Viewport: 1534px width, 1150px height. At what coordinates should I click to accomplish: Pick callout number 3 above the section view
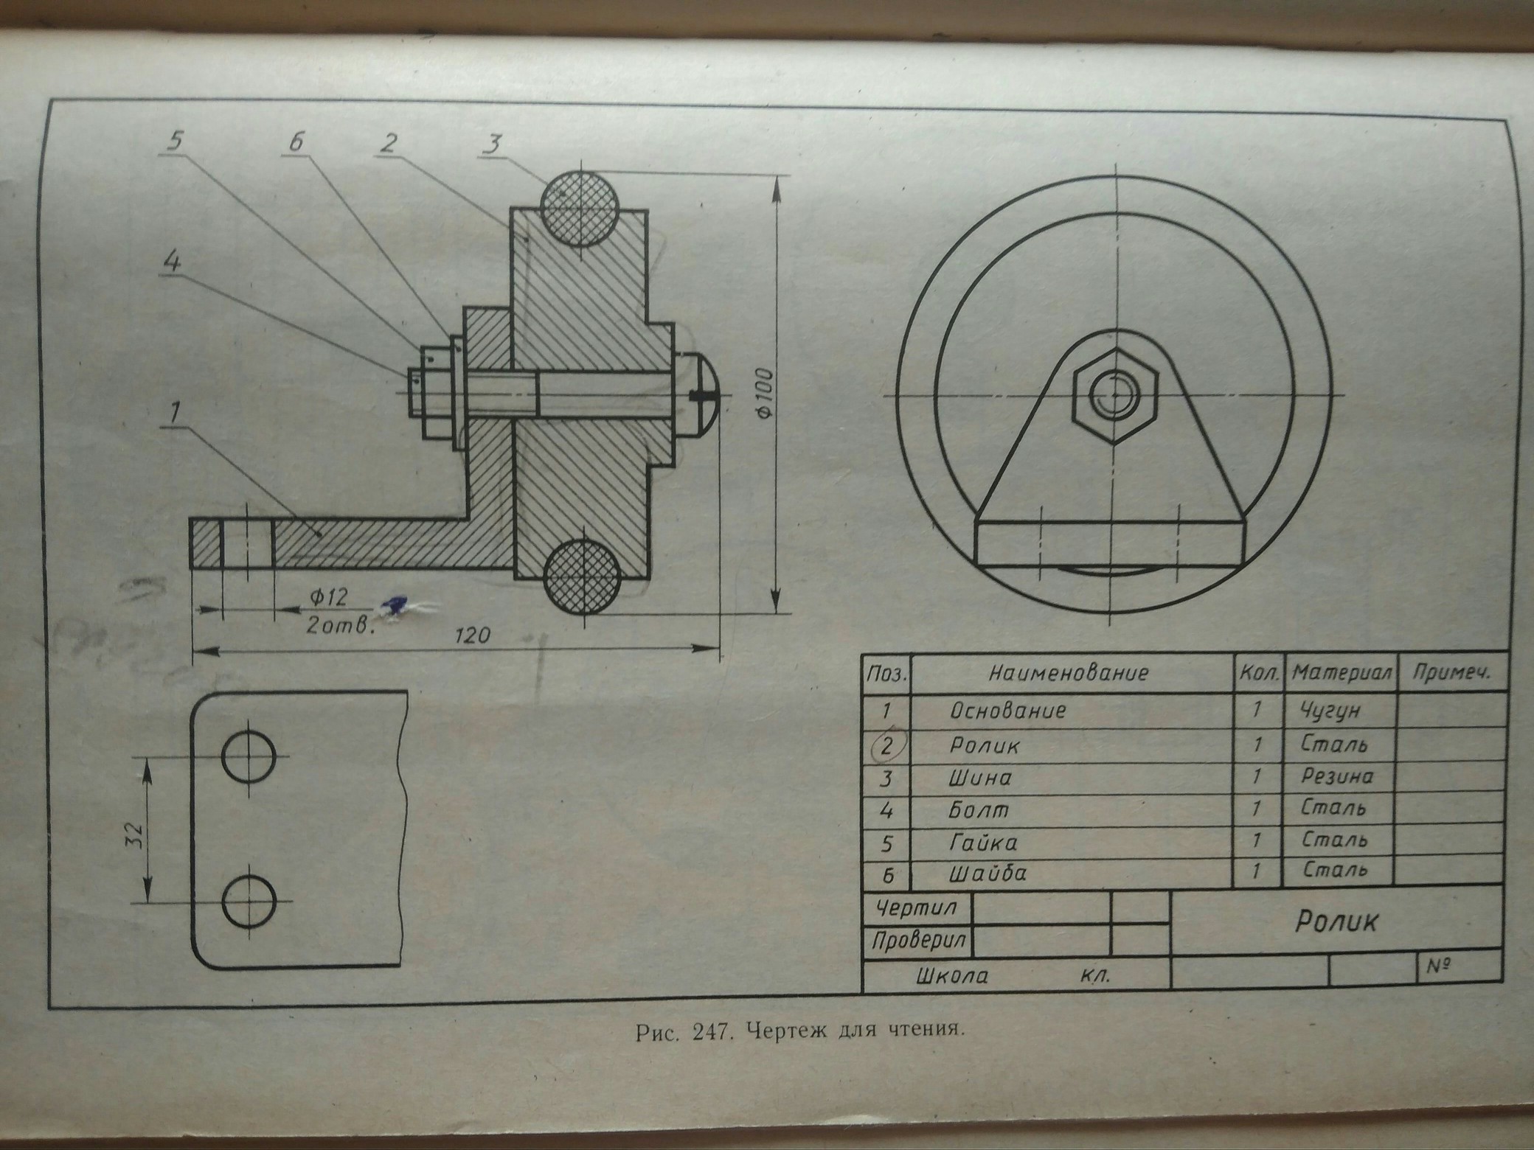pyautogui.click(x=492, y=143)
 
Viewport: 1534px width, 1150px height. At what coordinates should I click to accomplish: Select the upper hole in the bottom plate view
pyautogui.click(x=249, y=757)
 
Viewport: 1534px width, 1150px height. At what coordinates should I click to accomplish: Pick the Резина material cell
pyautogui.click(x=1337, y=776)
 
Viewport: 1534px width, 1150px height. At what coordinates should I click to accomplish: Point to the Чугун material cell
pyautogui.click(x=1330, y=711)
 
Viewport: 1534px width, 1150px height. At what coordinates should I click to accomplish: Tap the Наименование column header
pyautogui.click(x=1069, y=672)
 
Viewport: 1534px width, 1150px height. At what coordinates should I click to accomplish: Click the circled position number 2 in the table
pyautogui.click(x=887, y=745)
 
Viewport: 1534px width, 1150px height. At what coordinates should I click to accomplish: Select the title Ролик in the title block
pyautogui.click(x=1336, y=921)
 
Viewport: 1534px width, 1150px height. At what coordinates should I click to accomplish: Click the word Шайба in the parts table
pyautogui.click(x=988, y=874)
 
